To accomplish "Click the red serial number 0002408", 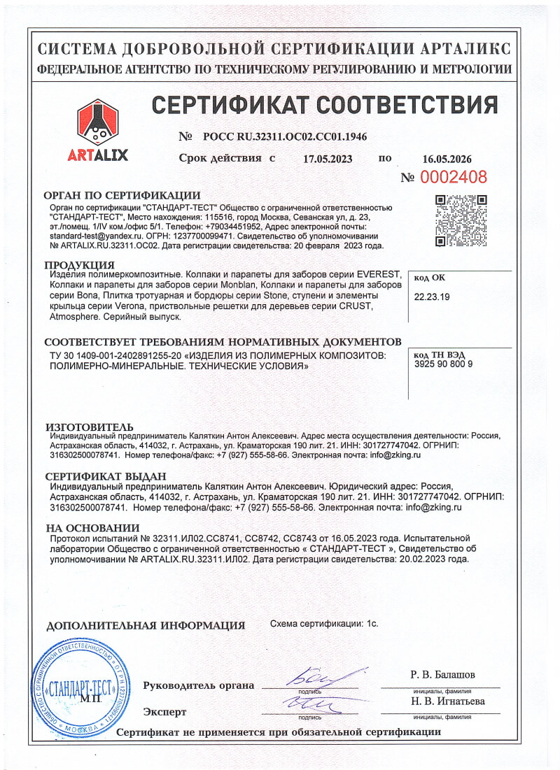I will (454, 177).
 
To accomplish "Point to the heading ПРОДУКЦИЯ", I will (80, 264).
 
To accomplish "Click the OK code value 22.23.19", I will (432, 297).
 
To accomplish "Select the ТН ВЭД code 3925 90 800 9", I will (443, 364).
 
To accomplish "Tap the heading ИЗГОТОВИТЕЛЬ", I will (89, 426).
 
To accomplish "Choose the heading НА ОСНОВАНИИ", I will (92, 527).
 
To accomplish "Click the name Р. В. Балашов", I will (442, 675).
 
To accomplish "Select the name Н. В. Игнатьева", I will (447, 701).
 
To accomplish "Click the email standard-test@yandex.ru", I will (89, 237).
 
